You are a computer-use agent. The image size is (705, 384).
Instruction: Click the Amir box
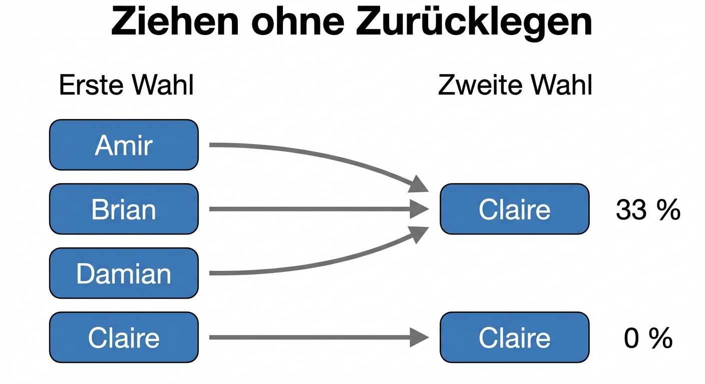point(124,145)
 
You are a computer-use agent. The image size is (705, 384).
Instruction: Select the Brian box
point(124,209)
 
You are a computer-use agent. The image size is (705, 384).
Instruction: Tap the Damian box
point(124,273)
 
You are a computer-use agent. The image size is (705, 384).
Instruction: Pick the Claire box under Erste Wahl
point(124,337)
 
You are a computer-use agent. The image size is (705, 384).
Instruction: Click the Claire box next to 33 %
point(514,209)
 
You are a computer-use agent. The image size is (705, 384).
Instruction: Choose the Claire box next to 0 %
point(514,337)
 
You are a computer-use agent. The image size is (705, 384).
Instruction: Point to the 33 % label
point(648,210)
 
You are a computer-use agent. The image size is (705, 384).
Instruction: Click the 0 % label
point(648,338)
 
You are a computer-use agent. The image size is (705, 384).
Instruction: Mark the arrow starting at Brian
point(310,209)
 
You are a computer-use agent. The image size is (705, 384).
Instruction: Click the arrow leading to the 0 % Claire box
point(310,337)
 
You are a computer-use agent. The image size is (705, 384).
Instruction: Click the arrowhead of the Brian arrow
point(419,209)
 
